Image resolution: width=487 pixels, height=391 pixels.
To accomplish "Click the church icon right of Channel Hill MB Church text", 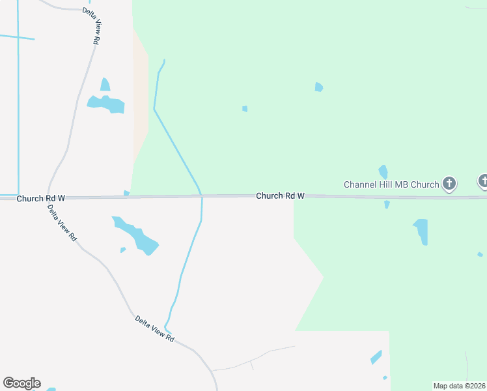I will [x=449, y=184].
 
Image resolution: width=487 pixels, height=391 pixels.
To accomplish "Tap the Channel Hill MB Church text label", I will [x=391, y=184].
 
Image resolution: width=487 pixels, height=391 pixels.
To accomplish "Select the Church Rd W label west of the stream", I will [x=41, y=198].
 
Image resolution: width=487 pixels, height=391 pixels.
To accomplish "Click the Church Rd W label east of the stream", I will [x=280, y=195].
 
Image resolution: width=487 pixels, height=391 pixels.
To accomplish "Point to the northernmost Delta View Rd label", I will [x=91, y=26].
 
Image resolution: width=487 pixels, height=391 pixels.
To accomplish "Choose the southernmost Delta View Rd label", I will [x=155, y=329].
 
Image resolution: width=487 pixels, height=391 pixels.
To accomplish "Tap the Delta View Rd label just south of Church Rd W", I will [x=62, y=224].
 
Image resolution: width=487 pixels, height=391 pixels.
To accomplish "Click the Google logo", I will [x=21, y=383].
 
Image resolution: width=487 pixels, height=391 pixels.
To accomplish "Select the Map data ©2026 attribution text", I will [x=459, y=385].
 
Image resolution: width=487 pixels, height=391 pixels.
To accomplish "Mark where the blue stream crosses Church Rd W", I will [x=201, y=195].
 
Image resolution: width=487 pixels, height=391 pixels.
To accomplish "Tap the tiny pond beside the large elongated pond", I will [x=122, y=250].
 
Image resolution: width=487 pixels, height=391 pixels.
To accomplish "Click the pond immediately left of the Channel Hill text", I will [x=383, y=171].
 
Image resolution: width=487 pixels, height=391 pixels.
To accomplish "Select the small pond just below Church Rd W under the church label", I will [x=387, y=205].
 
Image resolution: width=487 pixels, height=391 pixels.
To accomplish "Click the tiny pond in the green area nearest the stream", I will [x=245, y=109].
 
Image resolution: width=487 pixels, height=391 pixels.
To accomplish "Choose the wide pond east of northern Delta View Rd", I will [x=106, y=104].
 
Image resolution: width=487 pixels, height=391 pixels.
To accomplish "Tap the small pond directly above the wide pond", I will [x=105, y=85].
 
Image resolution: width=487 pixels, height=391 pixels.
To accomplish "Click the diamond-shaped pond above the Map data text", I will [x=376, y=357].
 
